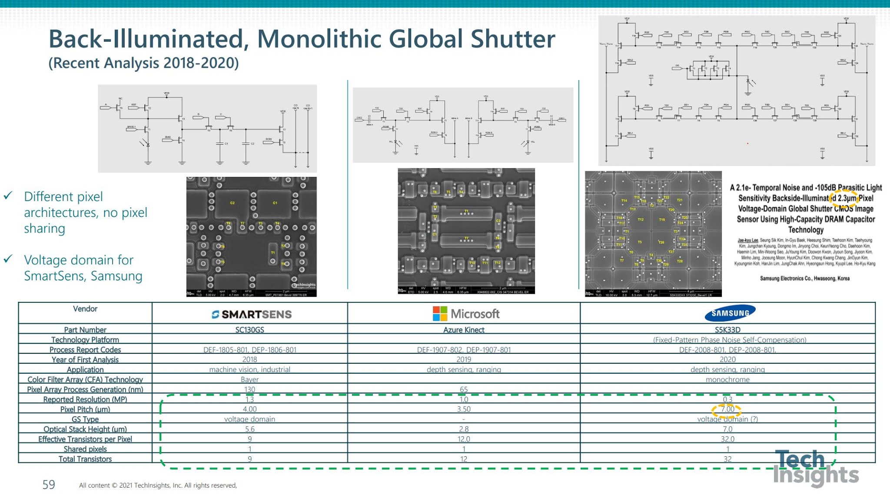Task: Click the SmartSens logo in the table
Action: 252,314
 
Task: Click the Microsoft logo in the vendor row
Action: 466,314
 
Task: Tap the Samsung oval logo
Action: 730,313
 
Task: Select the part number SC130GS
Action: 249,330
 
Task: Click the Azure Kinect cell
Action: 464,330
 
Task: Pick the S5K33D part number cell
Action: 727,330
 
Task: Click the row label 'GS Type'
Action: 85,419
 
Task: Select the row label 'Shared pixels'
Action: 85,449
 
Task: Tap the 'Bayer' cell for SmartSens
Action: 249,379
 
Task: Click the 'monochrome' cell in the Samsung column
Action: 727,379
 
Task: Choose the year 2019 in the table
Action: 464,359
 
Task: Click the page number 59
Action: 49,485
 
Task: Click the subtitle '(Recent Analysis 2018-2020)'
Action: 143,63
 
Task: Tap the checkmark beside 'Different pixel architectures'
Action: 8,196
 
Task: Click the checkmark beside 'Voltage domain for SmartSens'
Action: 8,259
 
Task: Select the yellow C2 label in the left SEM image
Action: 232,203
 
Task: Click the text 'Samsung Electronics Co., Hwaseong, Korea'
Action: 804,279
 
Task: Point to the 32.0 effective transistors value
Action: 727,439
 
